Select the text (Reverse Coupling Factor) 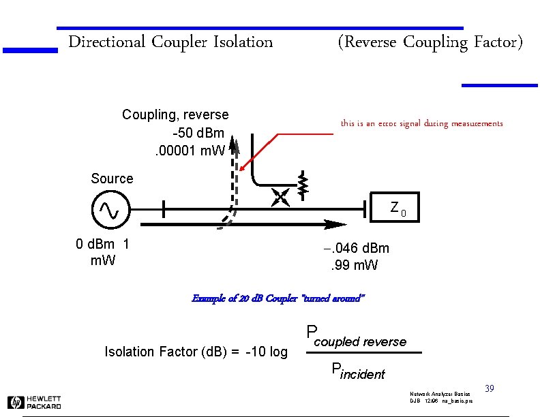tap(430, 42)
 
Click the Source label tap(112, 179)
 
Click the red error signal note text tap(421, 123)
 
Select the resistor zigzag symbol tap(303, 184)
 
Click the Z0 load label tap(397, 207)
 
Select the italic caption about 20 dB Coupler tap(279, 298)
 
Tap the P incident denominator tap(358, 371)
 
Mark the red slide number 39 tap(489, 388)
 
